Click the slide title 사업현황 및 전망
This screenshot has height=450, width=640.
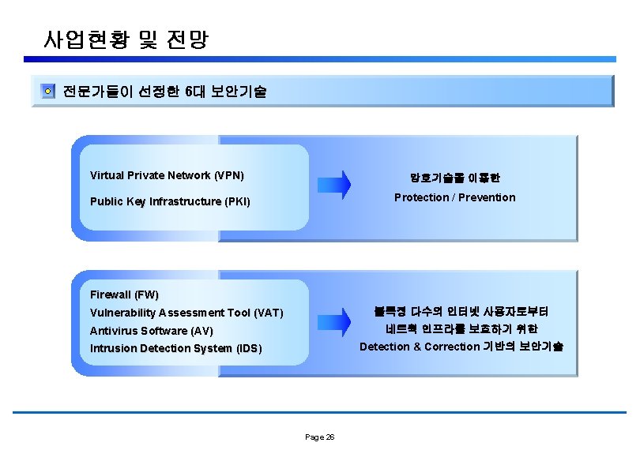tap(126, 39)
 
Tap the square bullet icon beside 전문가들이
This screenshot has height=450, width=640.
tap(48, 92)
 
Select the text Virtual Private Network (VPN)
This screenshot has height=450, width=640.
tap(167, 175)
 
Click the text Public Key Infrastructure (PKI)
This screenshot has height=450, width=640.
tap(170, 201)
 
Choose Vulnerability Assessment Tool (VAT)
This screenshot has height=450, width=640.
tap(186, 313)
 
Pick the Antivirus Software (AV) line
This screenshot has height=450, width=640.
tap(152, 331)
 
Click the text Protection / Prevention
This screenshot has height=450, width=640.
tap(454, 197)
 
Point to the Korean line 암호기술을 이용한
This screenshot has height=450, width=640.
tap(454, 178)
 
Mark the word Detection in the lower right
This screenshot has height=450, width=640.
tap(385, 347)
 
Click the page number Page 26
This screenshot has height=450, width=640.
tap(320, 437)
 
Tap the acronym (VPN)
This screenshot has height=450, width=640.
tap(229, 175)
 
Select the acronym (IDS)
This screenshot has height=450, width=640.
tap(248, 348)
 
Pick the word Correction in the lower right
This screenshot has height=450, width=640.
tap(452, 347)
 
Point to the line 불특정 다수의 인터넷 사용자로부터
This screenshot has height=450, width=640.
tap(461, 311)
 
